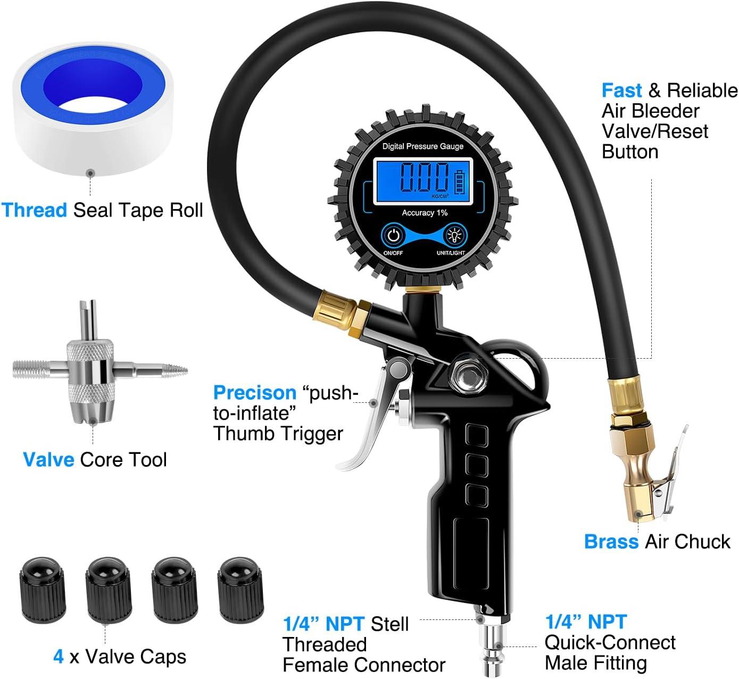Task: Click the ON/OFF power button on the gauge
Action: [394, 235]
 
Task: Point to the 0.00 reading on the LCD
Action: [424, 178]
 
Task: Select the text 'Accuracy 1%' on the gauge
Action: [424, 213]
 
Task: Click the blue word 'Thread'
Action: [34, 210]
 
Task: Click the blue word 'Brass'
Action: [611, 542]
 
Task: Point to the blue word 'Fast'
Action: [621, 90]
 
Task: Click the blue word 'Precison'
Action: [254, 393]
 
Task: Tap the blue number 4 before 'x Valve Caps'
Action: [59, 657]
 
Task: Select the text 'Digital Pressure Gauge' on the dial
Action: [423, 146]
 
